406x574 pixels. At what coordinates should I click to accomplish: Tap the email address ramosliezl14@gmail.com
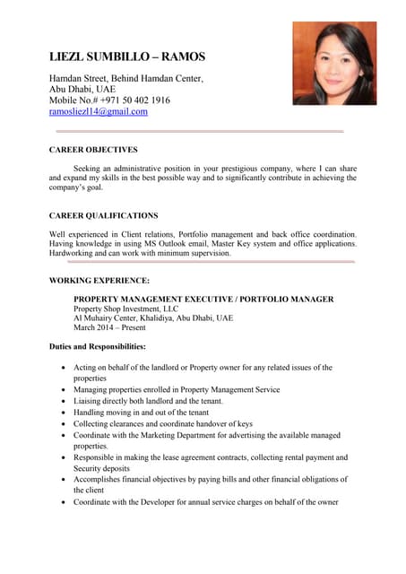[x=99, y=112]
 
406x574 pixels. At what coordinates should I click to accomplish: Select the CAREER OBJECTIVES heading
[x=93, y=150]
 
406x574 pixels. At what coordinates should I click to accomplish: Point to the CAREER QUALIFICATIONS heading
[x=104, y=216]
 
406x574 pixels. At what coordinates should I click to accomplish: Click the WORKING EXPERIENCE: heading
[x=99, y=281]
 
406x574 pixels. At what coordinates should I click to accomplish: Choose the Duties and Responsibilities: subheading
[x=98, y=346]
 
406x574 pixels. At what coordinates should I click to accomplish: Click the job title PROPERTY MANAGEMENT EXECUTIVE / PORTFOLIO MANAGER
[x=203, y=299]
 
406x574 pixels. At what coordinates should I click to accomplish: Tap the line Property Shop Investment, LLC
[x=126, y=309]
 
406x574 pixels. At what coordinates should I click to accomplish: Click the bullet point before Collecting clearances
[x=62, y=424]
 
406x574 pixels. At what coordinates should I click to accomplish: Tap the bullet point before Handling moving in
[x=62, y=413]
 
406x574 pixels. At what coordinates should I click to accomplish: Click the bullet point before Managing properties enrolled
[x=62, y=390]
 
